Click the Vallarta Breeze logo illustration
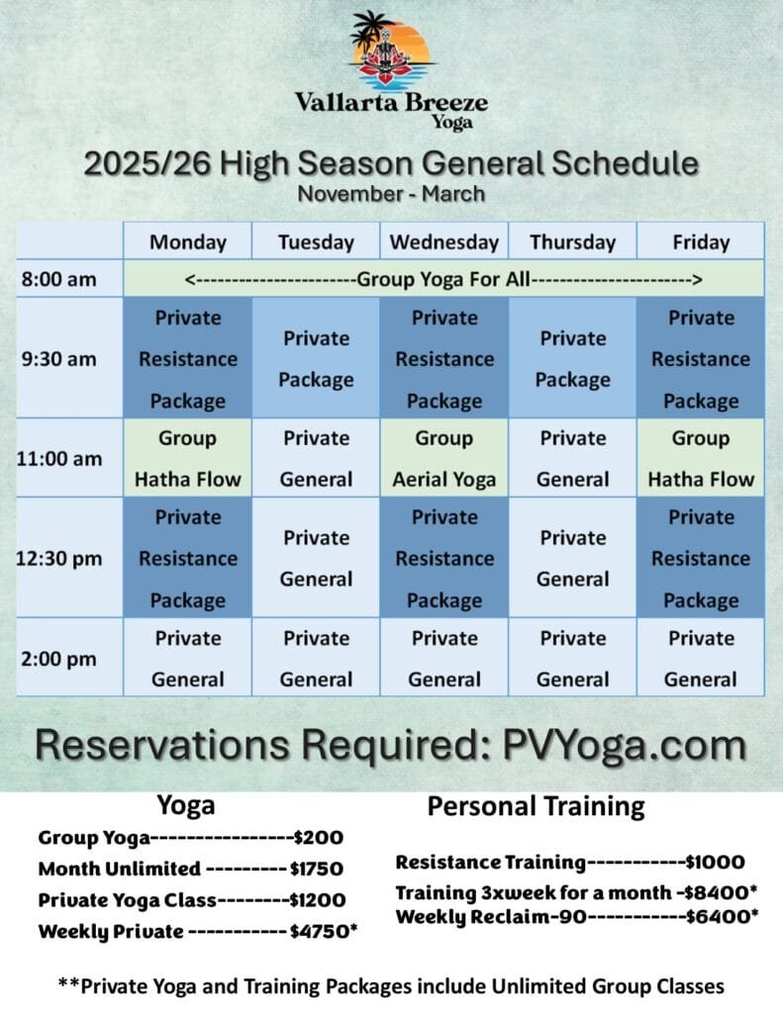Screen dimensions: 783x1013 [390, 50]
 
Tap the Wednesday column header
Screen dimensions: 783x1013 [444, 241]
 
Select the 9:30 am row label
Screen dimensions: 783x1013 [58, 358]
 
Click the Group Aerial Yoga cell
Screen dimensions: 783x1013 [444, 458]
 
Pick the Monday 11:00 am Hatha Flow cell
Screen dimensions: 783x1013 [187, 458]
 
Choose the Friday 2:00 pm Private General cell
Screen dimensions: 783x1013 [701, 658]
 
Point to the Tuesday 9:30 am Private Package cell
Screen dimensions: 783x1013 [316, 358]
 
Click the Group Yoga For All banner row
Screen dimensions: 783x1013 [443, 279]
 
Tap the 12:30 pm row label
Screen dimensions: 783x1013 [58, 558]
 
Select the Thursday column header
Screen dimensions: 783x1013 [573, 241]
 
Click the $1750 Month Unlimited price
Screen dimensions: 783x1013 [317, 869]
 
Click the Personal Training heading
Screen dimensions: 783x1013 [536, 807]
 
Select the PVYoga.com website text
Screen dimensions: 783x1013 [625, 745]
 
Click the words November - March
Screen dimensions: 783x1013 [391, 194]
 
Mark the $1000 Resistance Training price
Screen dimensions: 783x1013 [715, 862]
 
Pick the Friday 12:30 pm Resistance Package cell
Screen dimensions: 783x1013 [701, 558]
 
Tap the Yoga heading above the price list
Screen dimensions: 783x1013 [186, 806]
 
